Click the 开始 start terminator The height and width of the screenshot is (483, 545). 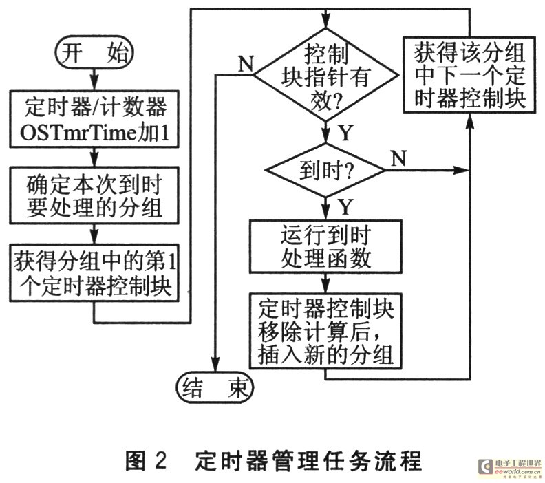point(94,52)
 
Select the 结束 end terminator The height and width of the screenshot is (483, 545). point(215,387)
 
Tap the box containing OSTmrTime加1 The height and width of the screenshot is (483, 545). point(94,119)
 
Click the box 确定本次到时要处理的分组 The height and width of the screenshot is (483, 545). point(94,195)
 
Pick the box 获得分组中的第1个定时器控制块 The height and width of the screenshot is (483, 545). point(94,272)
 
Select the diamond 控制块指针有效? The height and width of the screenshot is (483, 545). point(325,75)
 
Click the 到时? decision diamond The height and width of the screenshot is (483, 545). point(325,170)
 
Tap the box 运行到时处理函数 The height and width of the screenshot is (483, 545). point(325,246)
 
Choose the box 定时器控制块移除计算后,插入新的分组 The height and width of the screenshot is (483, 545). point(325,331)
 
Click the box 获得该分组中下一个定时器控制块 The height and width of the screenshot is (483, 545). point(469,74)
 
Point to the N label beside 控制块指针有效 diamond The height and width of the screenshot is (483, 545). point(246,63)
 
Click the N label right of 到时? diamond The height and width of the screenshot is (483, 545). point(398,158)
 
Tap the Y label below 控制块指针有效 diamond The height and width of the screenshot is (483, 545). point(345,132)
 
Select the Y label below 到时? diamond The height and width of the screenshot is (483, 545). point(345,206)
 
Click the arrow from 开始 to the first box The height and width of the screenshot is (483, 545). point(94,79)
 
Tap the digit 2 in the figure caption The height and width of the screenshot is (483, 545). point(160,461)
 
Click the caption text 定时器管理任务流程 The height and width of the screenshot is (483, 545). point(308,461)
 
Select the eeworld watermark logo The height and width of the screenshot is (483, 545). point(510,467)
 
